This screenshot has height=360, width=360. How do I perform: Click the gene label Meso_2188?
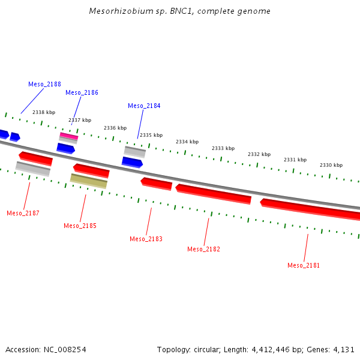(x=44, y=84)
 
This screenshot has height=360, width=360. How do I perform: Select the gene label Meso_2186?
(x=82, y=92)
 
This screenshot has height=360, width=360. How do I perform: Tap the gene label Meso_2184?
(x=144, y=106)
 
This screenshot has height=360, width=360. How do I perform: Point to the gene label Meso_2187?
(x=23, y=213)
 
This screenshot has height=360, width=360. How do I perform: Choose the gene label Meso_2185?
(x=80, y=226)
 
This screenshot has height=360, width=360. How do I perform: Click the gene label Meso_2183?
(x=146, y=239)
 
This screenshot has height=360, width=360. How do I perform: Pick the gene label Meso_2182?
(x=203, y=249)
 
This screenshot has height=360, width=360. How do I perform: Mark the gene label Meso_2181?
(x=304, y=265)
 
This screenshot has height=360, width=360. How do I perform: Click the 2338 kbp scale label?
(x=44, y=112)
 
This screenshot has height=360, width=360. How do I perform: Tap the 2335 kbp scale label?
(x=151, y=135)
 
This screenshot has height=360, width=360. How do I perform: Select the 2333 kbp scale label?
(x=223, y=148)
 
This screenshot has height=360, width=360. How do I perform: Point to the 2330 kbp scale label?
(x=331, y=165)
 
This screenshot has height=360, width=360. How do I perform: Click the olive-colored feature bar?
(x=89, y=181)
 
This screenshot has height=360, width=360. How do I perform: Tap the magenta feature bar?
(x=69, y=136)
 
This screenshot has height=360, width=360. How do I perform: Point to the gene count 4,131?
(x=344, y=349)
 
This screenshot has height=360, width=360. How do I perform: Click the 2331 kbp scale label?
(x=295, y=160)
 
